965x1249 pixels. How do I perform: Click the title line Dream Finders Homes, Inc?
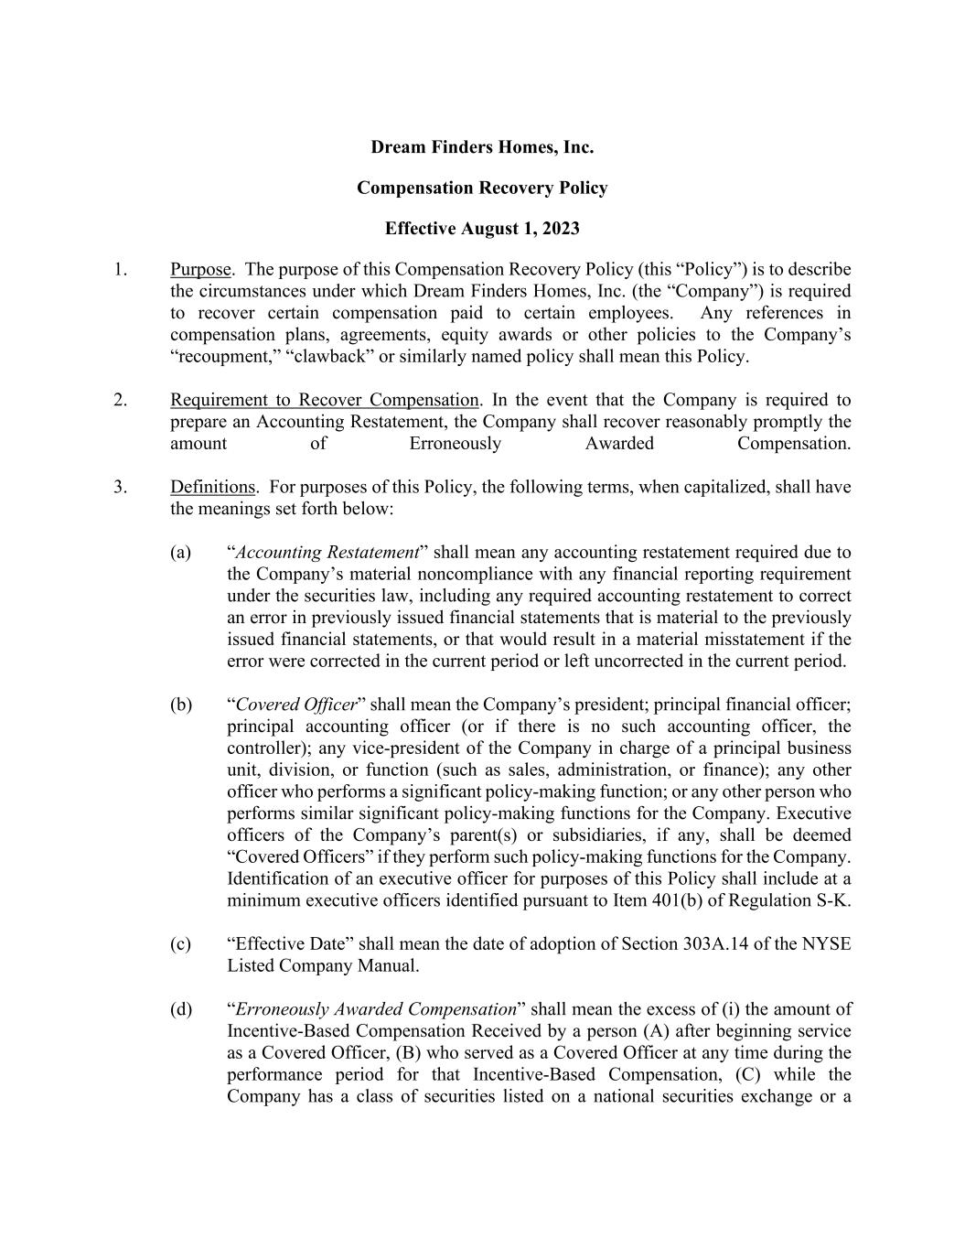point(482,147)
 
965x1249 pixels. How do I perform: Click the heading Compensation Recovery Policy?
point(482,188)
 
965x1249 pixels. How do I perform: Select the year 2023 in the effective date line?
point(559,228)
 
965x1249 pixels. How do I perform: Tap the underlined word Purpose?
point(200,269)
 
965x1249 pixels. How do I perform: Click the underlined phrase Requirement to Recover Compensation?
point(324,400)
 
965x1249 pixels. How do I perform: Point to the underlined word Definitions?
point(212,487)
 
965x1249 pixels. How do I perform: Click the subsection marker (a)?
point(181,553)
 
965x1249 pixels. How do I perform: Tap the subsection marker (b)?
point(181,705)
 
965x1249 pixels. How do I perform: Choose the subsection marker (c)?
point(181,944)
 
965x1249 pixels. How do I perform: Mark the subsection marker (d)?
point(181,1009)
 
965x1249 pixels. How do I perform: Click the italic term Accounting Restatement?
point(327,553)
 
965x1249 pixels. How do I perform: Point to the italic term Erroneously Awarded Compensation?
point(376,1009)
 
